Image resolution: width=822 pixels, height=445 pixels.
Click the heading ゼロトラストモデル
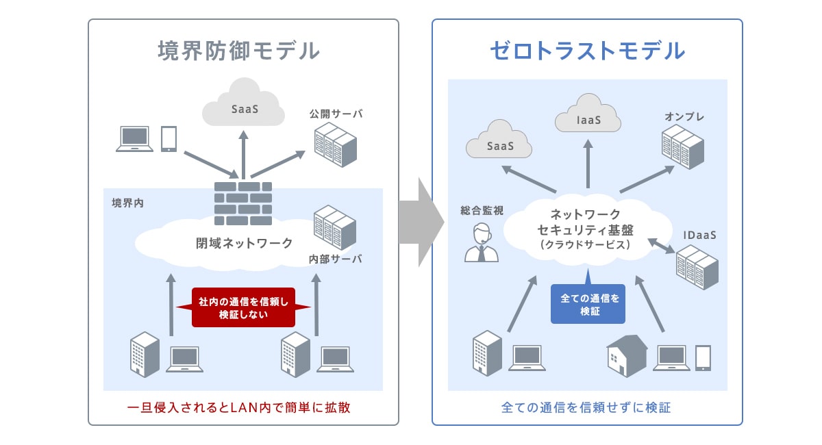click(x=587, y=51)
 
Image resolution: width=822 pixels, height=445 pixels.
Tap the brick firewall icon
click(x=243, y=203)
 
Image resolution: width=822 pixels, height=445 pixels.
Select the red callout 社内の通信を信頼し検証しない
click(x=243, y=307)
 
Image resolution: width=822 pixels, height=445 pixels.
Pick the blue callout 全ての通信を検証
click(x=588, y=304)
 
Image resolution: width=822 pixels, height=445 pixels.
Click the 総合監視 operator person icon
click(x=482, y=243)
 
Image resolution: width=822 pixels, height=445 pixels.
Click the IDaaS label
click(x=699, y=235)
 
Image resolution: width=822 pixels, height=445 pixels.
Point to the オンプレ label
click(x=684, y=117)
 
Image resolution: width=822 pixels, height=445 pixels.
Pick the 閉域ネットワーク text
click(x=244, y=243)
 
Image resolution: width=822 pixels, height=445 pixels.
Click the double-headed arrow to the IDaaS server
click(x=661, y=244)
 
